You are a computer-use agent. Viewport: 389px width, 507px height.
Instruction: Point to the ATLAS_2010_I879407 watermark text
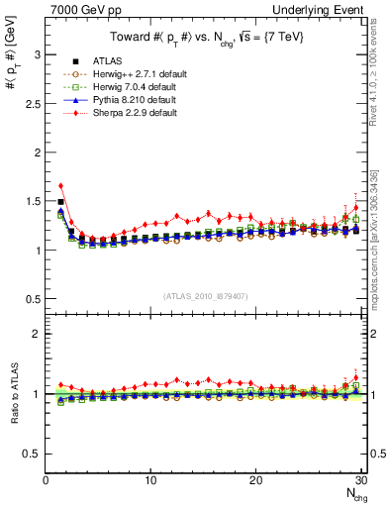point(203,294)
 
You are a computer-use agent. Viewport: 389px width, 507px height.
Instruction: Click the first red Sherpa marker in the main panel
point(60,185)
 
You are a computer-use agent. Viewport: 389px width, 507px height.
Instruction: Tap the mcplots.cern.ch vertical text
point(376,248)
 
